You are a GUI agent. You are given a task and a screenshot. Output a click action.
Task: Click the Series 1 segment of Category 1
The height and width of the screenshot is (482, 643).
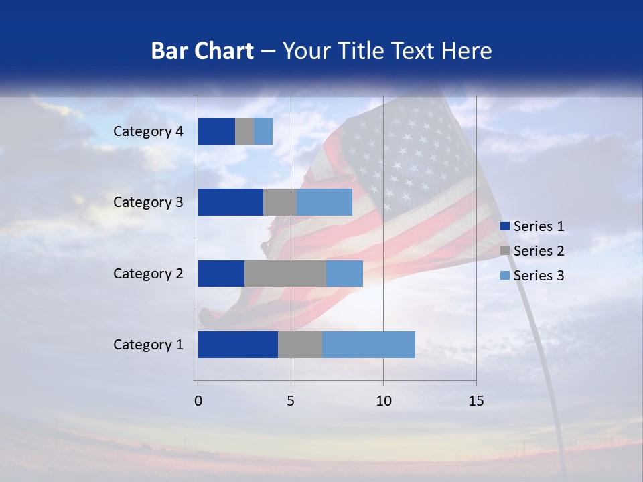tap(238, 345)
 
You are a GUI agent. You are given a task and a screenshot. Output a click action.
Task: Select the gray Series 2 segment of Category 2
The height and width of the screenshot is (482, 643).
tap(285, 273)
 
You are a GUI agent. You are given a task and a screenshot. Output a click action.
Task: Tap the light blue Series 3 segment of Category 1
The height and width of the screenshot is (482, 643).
tap(368, 345)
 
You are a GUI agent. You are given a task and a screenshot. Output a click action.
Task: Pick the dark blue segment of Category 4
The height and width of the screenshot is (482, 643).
tap(216, 131)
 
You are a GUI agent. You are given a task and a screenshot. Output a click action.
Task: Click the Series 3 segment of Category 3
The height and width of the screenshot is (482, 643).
tap(324, 202)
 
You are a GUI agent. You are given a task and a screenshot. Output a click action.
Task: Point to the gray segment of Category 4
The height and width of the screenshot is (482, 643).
tap(244, 131)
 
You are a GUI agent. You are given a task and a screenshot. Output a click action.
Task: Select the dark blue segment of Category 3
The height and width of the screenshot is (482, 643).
tap(230, 202)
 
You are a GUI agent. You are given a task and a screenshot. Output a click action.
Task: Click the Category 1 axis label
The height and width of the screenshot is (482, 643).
tap(148, 345)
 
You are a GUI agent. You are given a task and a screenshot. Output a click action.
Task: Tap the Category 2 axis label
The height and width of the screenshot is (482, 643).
tap(148, 273)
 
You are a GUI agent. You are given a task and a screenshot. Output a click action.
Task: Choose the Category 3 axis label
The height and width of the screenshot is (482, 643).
tap(148, 202)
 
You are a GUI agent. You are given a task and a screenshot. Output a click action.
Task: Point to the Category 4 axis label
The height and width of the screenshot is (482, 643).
tap(148, 131)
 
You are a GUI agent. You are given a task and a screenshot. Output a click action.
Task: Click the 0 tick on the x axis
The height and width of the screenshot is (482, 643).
tap(198, 401)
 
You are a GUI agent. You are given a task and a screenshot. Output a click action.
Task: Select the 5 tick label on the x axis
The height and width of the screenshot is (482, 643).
tap(291, 401)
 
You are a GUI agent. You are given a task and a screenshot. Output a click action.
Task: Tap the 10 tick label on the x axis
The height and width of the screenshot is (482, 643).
tap(383, 401)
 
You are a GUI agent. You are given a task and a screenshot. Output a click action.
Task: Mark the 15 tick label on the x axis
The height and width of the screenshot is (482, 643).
tap(476, 401)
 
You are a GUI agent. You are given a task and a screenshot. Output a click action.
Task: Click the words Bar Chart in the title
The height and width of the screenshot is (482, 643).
tap(202, 51)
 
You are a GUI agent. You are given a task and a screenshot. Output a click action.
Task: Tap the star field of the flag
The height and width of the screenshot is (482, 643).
tap(402, 157)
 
